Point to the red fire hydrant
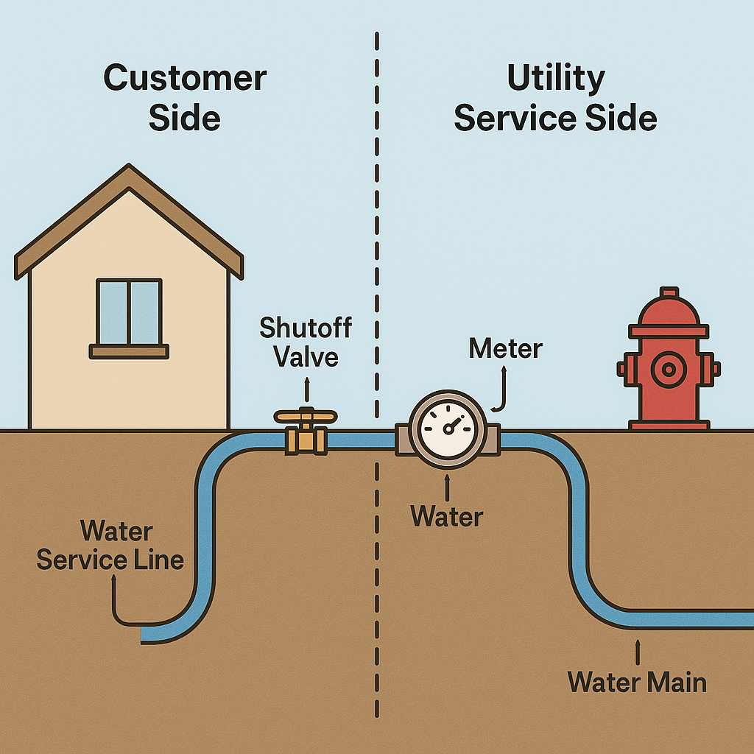point(669,368)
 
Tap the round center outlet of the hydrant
point(669,368)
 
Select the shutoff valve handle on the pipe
point(305,417)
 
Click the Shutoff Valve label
point(306,342)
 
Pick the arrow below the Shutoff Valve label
point(307,387)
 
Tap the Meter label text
point(505,348)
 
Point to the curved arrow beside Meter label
point(501,390)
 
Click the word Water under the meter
point(447,515)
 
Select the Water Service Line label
point(110,545)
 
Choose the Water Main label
point(637,682)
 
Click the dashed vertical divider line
point(377,221)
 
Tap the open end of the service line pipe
point(144,633)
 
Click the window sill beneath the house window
point(129,351)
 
